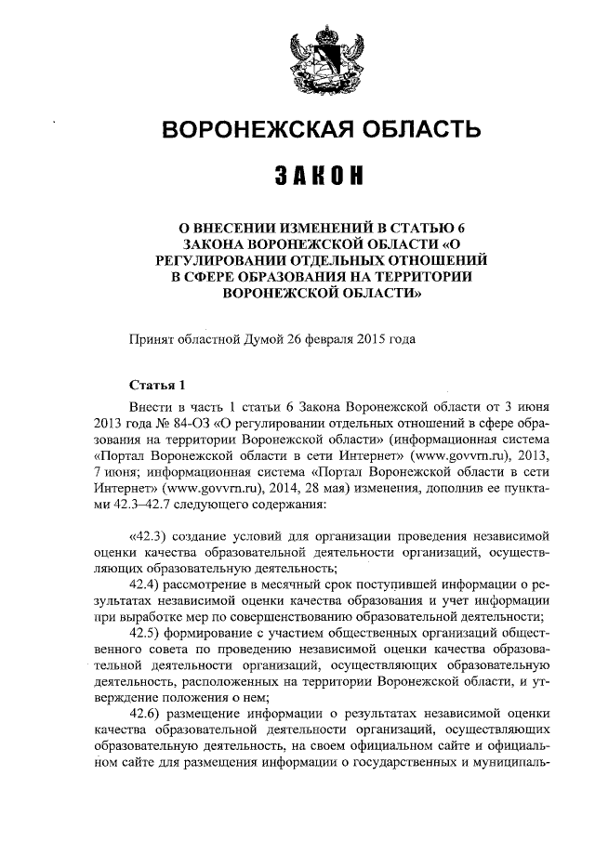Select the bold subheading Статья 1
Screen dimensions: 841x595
pyautogui.click(x=157, y=386)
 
